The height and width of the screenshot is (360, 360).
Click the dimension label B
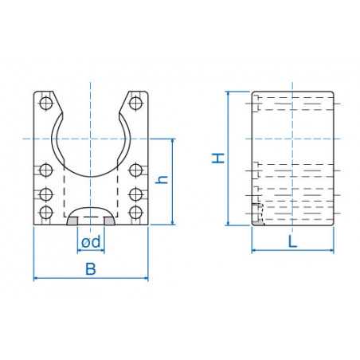pos(91,269)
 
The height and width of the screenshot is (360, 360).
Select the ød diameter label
pos(91,241)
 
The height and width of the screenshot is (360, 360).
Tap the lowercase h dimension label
pos(162,180)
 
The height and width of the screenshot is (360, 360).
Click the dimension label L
pos(292,242)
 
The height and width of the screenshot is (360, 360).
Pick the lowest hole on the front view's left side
pos(45,212)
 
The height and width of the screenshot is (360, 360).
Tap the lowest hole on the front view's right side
pos(136,212)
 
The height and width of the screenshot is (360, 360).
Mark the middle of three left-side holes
pos(45,191)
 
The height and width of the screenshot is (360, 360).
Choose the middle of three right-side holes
pos(136,191)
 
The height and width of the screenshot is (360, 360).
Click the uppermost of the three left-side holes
pos(45,170)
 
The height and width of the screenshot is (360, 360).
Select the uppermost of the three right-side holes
pos(136,170)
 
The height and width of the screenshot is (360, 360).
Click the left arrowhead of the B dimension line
pos(36,279)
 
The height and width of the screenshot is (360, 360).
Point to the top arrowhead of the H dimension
pos(229,94)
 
